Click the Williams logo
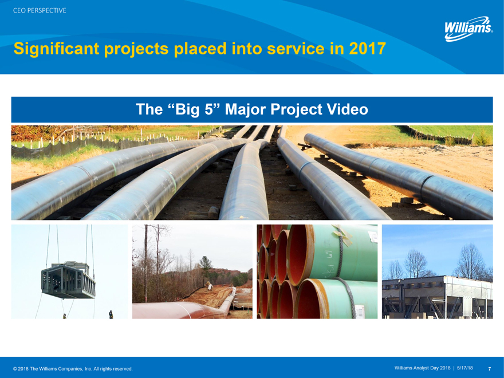coord(468,29)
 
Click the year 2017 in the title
coord(367,49)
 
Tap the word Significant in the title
coord(56,49)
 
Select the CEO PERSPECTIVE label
coord(40,10)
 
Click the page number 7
coord(490,369)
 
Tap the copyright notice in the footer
coord(73,369)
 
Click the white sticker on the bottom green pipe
coord(360,310)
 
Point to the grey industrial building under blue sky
coord(437,297)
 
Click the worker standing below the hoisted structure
coord(111,314)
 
